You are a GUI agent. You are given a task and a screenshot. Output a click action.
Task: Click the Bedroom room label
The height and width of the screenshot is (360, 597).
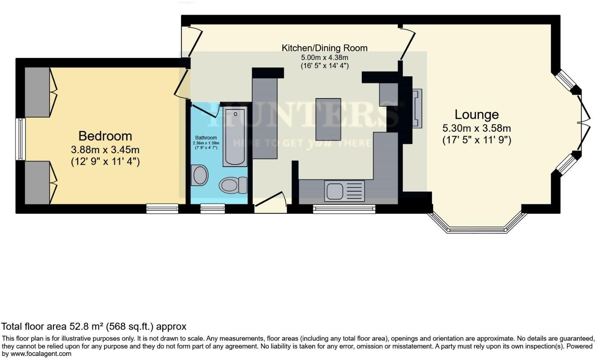click(x=105, y=136)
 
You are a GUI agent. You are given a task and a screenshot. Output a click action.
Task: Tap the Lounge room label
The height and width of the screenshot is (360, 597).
click(x=476, y=115)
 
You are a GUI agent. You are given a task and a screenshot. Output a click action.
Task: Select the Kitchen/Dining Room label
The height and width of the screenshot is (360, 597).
click(x=324, y=48)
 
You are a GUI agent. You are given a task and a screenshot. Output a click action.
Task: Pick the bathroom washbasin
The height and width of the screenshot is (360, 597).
click(x=199, y=176)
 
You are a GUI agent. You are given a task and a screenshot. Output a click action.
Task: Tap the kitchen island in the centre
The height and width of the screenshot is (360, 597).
click(x=328, y=119)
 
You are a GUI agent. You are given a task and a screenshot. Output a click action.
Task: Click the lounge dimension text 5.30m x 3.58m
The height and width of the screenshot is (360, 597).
click(x=476, y=129)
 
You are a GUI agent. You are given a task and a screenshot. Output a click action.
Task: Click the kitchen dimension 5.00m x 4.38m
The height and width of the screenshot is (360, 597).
click(x=324, y=58)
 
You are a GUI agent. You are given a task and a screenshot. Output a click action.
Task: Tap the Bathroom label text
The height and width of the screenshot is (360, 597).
click(x=206, y=138)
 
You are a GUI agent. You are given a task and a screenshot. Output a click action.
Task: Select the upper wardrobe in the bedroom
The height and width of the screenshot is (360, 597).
click(x=37, y=92)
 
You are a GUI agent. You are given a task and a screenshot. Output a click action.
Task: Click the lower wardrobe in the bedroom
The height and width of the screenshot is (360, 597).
click(x=37, y=182)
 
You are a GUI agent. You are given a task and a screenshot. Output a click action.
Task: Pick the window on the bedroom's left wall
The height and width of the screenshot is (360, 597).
click(x=20, y=139)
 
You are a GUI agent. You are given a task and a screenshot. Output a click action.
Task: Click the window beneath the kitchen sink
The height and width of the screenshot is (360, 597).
click(x=344, y=209)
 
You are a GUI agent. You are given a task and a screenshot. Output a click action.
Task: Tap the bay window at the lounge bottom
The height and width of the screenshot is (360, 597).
click(x=477, y=230)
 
